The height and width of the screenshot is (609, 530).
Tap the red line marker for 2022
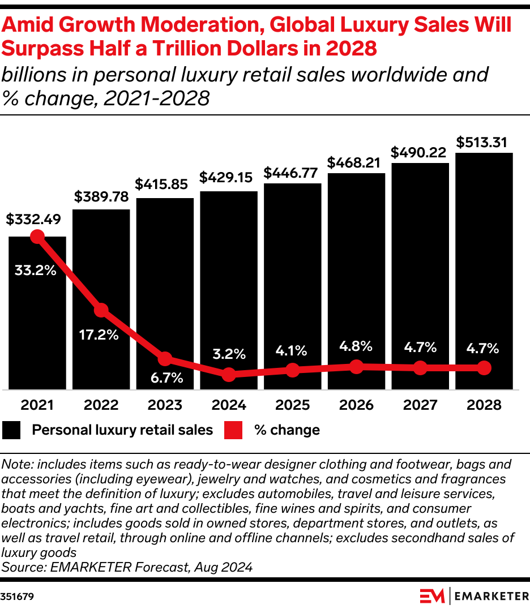click(x=101, y=310)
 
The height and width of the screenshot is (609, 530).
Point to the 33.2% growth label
click(x=36, y=271)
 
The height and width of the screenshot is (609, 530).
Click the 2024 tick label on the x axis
click(x=229, y=405)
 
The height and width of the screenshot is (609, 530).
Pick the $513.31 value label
click(x=482, y=142)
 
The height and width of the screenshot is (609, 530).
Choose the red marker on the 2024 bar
click(x=229, y=375)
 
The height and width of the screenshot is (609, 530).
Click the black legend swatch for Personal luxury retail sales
click(x=12, y=430)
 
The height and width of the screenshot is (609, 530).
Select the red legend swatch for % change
click(x=233, y=430)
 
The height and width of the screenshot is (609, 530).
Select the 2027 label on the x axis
click(x=420, y=405)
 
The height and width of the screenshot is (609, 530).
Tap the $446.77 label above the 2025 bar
click(x=292, y=173)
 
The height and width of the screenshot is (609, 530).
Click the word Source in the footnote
click(x=20, y=567)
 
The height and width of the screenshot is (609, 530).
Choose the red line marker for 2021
click(x=37, y=237)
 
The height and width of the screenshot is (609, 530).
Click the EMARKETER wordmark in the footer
click(x=490, y=596)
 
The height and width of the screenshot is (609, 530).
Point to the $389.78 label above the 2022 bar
click(x=101, y=197)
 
